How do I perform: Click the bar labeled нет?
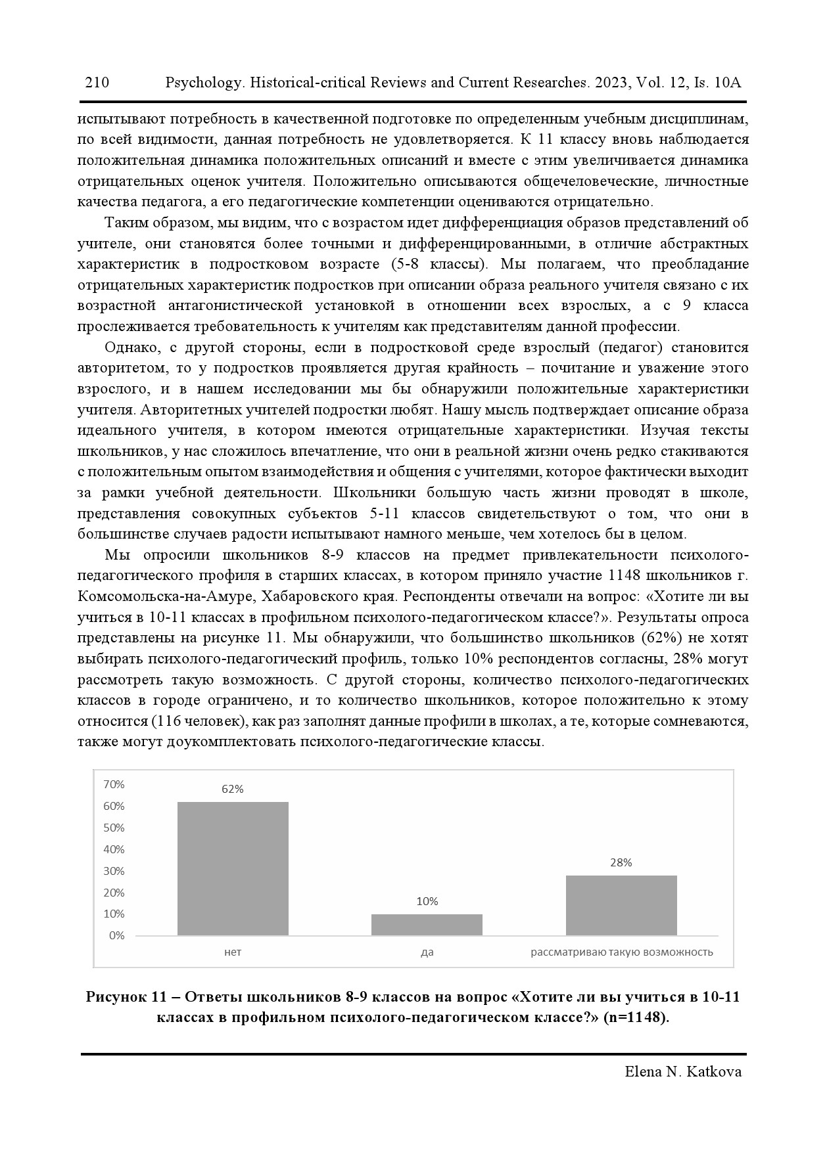[233, 868]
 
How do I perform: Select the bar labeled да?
[427, 925]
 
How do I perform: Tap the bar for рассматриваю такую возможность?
[621, 905]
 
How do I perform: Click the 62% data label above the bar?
[233, 789]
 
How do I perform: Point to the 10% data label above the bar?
[427, 901]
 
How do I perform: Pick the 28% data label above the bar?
[621, 862]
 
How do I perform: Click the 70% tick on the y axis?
[114, 784]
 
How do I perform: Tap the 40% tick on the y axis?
[114, 849]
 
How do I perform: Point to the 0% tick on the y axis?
[116, 935]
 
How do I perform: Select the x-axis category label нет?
[233, 952]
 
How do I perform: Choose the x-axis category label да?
[427, 952]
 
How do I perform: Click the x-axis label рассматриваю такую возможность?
[621, 952]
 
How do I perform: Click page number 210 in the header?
[97, 83]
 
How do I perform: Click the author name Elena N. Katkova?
[683, 1072]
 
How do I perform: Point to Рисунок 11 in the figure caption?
[125, 997]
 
